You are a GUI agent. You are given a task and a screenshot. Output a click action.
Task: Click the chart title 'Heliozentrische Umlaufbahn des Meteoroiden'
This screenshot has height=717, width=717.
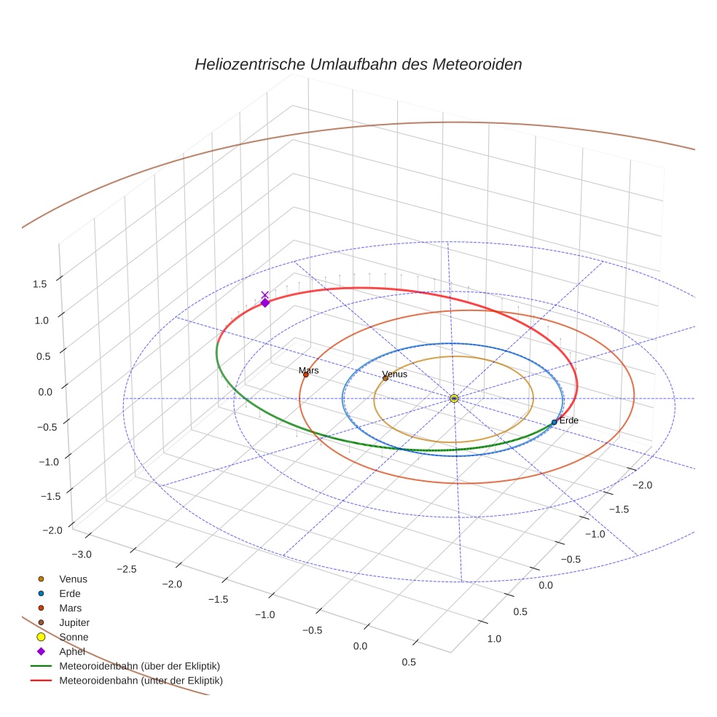tap(358, 64)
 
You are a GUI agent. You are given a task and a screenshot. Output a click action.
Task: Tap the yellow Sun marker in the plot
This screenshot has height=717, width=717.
tap(454, 398)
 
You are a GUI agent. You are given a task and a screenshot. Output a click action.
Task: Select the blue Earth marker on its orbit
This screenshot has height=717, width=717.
tap(554, 422)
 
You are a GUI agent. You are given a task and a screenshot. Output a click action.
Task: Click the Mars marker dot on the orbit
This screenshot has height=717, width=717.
tap(305, 375)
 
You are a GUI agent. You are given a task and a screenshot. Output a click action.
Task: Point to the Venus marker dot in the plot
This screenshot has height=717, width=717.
tap(385, 377)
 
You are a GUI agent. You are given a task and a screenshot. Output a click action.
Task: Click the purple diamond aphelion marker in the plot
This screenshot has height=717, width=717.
tap(265, 303)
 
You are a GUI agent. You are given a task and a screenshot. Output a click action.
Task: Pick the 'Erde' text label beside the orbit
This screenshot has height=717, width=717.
tap(569, 421)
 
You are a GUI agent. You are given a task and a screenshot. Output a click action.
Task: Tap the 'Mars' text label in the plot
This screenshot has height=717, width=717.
tap(308, 370)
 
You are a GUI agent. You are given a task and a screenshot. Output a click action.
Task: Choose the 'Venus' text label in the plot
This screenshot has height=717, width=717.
tap(395, 374)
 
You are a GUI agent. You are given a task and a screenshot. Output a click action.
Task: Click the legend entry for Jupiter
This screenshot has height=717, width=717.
tap(74, 622)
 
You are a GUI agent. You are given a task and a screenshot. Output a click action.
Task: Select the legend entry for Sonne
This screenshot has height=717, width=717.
tap(74, 637)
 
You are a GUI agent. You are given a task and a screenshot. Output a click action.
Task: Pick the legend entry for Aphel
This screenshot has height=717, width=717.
tap(72, 651)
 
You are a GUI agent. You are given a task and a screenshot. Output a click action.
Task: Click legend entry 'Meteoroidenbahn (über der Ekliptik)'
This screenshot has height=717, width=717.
tap(139, 666)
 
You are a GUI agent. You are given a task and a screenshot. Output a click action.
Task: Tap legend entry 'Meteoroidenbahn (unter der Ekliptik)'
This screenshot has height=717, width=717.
tap(141, 681)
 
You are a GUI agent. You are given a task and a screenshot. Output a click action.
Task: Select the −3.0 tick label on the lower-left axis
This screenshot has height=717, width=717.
tap(81, 554)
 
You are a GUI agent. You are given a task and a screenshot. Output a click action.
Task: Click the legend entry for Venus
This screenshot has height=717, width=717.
tap(73, 579)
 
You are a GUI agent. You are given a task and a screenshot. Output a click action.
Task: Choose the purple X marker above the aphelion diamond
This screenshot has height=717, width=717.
tap(265, 295)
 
